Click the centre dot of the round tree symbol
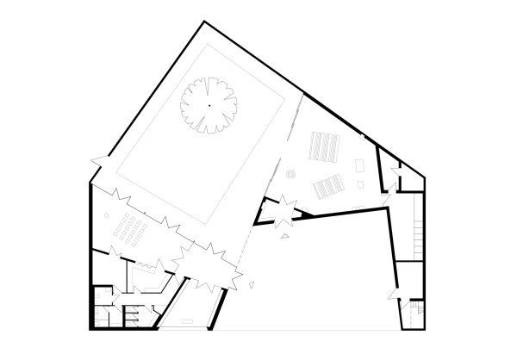208,105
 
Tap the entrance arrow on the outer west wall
97,160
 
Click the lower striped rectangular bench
327,184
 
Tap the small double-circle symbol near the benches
290,173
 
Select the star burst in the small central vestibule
281,210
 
